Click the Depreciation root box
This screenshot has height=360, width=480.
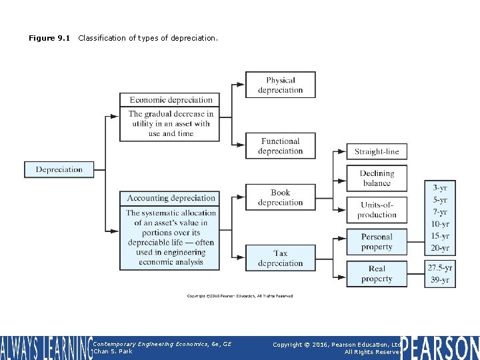tap(59, 169)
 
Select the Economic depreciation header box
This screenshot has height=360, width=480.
tap(171, 100)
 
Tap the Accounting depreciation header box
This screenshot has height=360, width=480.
tap(171, 198)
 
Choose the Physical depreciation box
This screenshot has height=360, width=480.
tap(280, 85)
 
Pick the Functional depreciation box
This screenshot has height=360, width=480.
tap(280, 146)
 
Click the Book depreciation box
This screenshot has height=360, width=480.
tap(280, 197)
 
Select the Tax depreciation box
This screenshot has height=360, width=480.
tap(280, 258)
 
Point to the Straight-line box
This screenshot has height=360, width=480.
tap(377, 151)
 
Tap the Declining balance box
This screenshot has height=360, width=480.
tap(377, 178)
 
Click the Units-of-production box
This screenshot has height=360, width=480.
tap(377, 209)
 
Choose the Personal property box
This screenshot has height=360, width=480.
tap(377, 242)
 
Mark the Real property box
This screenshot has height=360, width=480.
tap(377, 274)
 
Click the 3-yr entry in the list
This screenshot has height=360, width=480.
tap(440, 188)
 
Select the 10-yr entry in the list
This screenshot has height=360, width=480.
tap(440, 224)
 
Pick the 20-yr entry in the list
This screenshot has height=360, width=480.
tap(440, 248)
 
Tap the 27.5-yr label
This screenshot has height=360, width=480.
tap(440, 267)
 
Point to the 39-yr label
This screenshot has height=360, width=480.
tap(440, 279)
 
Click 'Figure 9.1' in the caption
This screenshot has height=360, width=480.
tap(50, 38)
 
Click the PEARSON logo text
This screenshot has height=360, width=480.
tap(440, 347)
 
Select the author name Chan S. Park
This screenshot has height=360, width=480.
tap(114, 351)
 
